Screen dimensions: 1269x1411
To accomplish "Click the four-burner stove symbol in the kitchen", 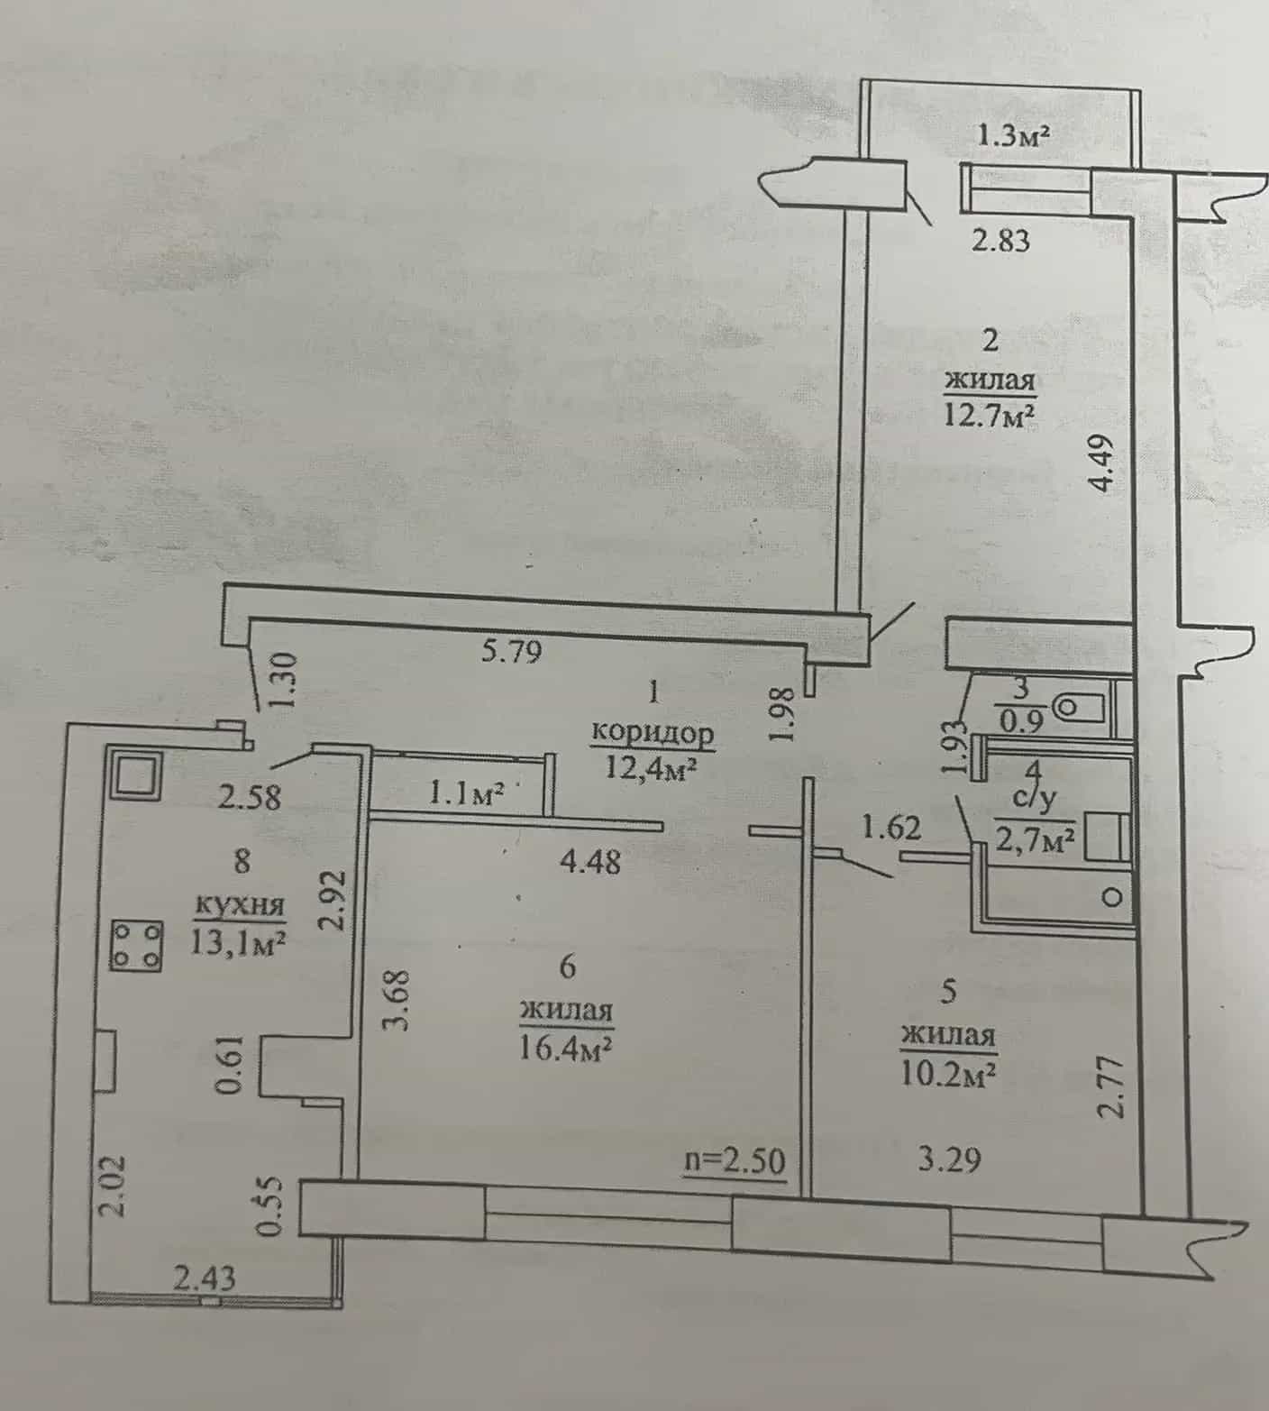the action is [x=136, y=946].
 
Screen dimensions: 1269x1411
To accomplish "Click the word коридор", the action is [x=653, y=734].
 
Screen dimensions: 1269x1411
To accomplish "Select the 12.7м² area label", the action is [x=989, y=415].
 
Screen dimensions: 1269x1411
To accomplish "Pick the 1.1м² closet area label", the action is [x=465, y=793].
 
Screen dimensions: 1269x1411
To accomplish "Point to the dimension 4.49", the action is [x=1107, y=462].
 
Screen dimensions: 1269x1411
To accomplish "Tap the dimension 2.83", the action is [x=1000, y=241].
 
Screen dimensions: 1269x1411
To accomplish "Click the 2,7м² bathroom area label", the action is [x=1036, y=840].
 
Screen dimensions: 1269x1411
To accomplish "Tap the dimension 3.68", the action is [x=398, y=999].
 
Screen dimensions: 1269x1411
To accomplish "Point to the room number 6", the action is [x=567, y=967].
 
